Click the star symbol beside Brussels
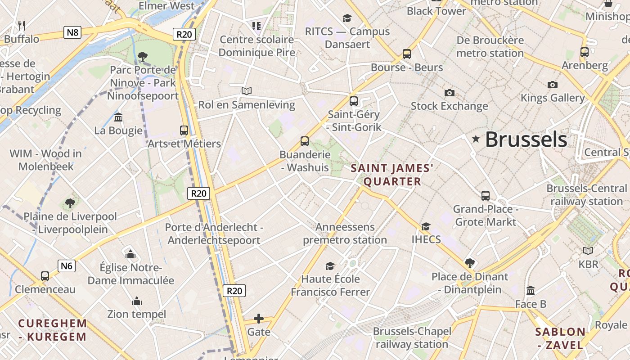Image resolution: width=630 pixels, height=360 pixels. coord(476,139)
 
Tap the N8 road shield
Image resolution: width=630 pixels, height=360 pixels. coord(72,32)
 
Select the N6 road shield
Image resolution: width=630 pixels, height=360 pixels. coord(67,265)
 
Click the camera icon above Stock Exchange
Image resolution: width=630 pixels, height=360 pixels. coord(449,93)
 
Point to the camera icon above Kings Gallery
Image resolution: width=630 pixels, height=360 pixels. coord(553,85)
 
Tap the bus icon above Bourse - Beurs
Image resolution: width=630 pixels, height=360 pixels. coord(407,54)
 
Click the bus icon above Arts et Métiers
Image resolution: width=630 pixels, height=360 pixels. coord(184,130)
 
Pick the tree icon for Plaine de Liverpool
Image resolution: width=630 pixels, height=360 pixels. coord(70,203)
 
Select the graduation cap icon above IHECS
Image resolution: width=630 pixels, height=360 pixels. coord(426,226)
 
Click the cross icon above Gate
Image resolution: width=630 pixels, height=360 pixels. coord(259,319)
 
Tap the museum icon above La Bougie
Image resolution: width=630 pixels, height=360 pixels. coord(118,117)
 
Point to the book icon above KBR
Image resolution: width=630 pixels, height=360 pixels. coord(588,251)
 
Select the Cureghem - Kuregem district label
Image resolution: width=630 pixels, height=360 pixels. coord(53,330)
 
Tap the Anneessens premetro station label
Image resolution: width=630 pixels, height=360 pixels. coord(345,233)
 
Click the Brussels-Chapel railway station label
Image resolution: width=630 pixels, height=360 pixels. coord(412,337)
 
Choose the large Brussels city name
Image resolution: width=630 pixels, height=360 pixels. coord(526,139)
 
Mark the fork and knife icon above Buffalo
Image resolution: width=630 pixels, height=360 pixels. coord(21,25)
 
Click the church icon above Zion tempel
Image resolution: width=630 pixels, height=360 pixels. coord(137,301)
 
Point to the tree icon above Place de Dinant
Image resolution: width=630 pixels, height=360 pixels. coord(469,263)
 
